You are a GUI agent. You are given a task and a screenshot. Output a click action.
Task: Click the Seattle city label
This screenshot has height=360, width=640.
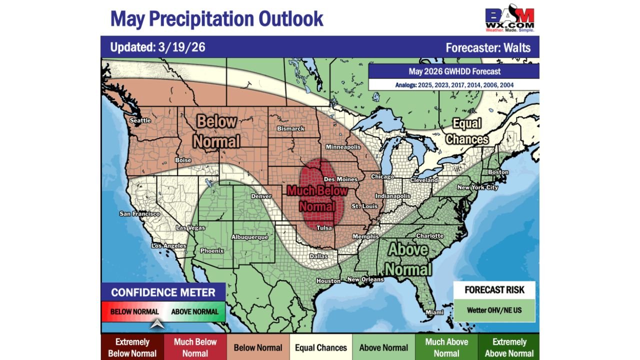point(140,120)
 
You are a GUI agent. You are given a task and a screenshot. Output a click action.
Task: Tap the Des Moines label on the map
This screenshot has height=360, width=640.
point(340,179)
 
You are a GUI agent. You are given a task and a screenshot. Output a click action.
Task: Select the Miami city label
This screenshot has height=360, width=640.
point(434,312)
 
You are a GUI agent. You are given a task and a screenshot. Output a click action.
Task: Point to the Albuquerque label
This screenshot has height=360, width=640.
point(249,237)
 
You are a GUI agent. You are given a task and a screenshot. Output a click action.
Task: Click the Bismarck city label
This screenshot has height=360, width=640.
point(290,128)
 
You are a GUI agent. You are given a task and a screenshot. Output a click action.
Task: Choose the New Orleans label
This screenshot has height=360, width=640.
point(365,279)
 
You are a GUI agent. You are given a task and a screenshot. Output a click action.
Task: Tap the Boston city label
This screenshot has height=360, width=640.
point(498,172)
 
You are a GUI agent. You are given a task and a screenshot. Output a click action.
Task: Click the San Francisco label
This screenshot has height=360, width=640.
point(139,214)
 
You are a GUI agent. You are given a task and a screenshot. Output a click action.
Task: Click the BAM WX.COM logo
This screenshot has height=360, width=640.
point(509,19)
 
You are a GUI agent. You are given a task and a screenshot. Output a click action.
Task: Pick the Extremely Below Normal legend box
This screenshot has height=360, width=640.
point(132,347)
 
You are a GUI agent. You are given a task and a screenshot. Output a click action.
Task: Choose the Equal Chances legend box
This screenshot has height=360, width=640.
point(321,347)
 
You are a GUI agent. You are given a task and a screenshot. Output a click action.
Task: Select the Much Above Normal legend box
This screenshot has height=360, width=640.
point(446,347)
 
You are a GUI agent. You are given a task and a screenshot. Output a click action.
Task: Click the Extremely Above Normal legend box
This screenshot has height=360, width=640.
point(509,347)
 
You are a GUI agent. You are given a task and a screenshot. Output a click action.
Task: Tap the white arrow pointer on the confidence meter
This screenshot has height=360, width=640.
point(158,324)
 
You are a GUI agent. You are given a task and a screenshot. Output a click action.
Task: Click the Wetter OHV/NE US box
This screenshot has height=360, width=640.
point(494,310)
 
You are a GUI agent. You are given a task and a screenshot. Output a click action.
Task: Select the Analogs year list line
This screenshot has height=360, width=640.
point(453,85)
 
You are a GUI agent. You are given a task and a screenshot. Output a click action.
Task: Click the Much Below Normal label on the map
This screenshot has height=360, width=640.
point(317,198)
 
